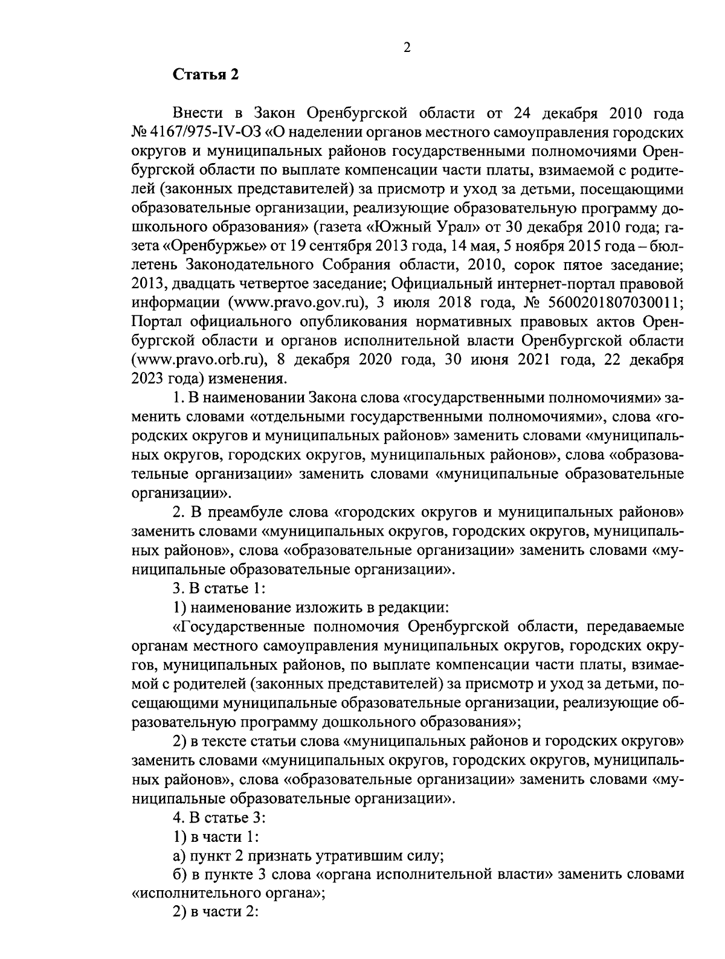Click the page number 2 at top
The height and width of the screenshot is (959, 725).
point(406,48)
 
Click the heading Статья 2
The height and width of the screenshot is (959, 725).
point(207,75)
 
